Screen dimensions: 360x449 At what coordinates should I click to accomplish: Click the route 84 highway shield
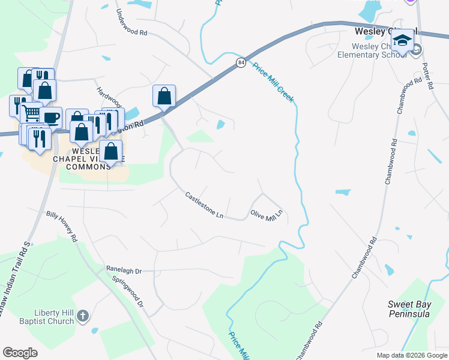[x=241, y=62]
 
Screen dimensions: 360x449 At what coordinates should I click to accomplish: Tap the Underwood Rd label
[x=131, y=23]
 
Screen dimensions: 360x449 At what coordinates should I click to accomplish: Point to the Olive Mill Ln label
[x=266, y=214]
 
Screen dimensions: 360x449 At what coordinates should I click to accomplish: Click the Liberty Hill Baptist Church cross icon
[x=83, y=316]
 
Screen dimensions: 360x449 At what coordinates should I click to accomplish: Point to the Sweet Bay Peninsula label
[x=409, y=309]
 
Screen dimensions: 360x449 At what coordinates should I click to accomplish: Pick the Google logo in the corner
[x=20, y=353]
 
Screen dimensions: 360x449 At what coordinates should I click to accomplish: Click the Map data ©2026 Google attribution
[x=412, y=355]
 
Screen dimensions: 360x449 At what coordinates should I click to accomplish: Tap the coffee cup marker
[x=51, y=117]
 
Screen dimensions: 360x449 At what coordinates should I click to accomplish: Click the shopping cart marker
[x=31, y=113]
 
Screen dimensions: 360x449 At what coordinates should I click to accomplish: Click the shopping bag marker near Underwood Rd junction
[x=164, y=96]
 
